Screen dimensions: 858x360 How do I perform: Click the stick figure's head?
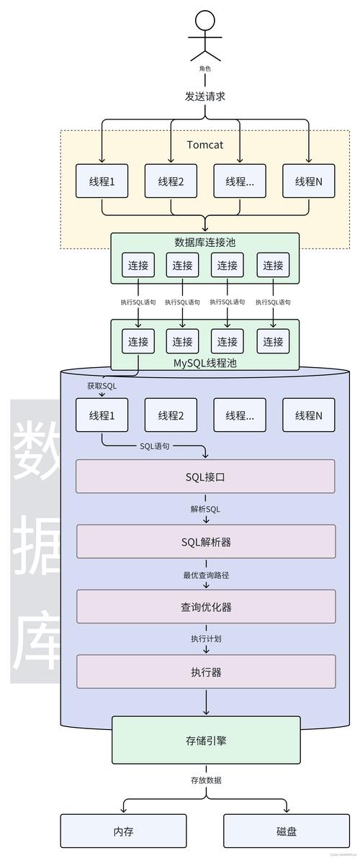click(205, 20)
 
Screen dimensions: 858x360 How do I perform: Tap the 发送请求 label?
click(205, 96)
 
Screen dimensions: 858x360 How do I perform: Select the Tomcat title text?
click(205, 145)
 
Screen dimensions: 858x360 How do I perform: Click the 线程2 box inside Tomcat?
click(171, 181)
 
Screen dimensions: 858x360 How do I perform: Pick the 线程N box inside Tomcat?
click(309, 181)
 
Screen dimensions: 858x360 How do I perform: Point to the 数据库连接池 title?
click(205, 242)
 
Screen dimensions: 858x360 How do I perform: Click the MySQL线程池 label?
click(205, 363)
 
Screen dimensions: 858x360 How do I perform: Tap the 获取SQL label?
click(102, 386)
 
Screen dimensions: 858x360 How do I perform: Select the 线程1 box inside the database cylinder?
click(102, 415)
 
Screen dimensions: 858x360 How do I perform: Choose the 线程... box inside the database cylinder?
click(240, 415)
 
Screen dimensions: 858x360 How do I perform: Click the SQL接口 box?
click(206, 477)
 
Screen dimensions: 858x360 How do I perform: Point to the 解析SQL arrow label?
click(206, 509)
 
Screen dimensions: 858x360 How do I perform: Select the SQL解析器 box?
click(206, 541)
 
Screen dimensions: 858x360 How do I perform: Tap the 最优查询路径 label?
click(206, 574)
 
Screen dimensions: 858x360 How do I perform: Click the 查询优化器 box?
click(206, 607)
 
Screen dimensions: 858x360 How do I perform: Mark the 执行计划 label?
click(206, 639)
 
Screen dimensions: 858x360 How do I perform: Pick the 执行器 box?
click(206, 672)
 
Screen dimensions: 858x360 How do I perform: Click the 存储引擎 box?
click(206, 739)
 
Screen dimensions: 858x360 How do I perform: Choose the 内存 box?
click(123, 831)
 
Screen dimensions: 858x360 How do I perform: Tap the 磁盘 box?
click(287, 831)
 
